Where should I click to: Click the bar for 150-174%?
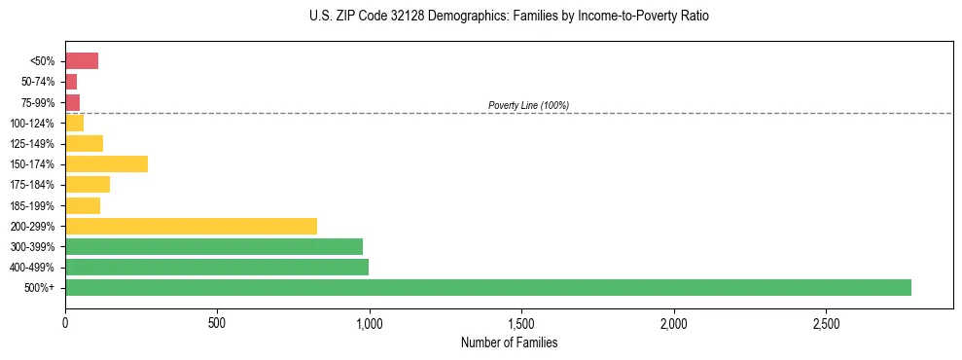coord(106,163)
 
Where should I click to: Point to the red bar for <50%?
coord(82,61)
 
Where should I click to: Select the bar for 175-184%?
coord(88,185)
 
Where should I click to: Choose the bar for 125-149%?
coord(84,143)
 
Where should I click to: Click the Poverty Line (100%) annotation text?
coord(528,105)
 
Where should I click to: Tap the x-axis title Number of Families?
coord(509,343)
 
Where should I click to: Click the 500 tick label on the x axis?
coord(217,322)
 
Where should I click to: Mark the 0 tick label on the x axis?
coord(65,322)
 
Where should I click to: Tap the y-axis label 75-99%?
coord(37,103)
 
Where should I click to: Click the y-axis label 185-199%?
coord(32,205)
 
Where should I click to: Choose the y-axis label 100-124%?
coord(32,124)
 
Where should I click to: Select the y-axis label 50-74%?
coord(37,83)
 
